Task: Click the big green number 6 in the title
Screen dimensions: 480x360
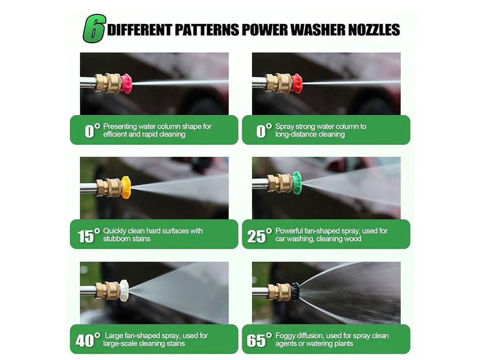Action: coord(94,29)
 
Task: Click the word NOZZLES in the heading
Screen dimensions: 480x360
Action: coord(373,30)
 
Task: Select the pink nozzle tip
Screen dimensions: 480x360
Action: coord(127,83)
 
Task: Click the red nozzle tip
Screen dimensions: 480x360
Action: coord(297,83)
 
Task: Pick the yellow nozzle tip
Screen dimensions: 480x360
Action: coord(126,187)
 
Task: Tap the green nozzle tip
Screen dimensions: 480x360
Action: coord(297,183)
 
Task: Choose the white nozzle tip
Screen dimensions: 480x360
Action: coord(124,290)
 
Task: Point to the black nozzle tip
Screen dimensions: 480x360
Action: coord(295,291)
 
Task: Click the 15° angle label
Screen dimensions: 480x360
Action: coord(89,235)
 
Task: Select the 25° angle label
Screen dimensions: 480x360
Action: coord(260,235)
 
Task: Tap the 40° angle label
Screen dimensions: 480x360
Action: coord(88,340)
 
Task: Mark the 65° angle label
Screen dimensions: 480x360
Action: coord(260,340)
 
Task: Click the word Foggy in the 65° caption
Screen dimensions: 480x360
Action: coord(285,335)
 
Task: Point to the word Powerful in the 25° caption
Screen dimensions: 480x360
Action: coord(289,231)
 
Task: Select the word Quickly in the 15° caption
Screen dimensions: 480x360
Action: coord(114,231)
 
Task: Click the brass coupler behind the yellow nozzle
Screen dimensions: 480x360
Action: coord(109,187)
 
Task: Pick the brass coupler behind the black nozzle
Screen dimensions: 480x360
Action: coord(279,292)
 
